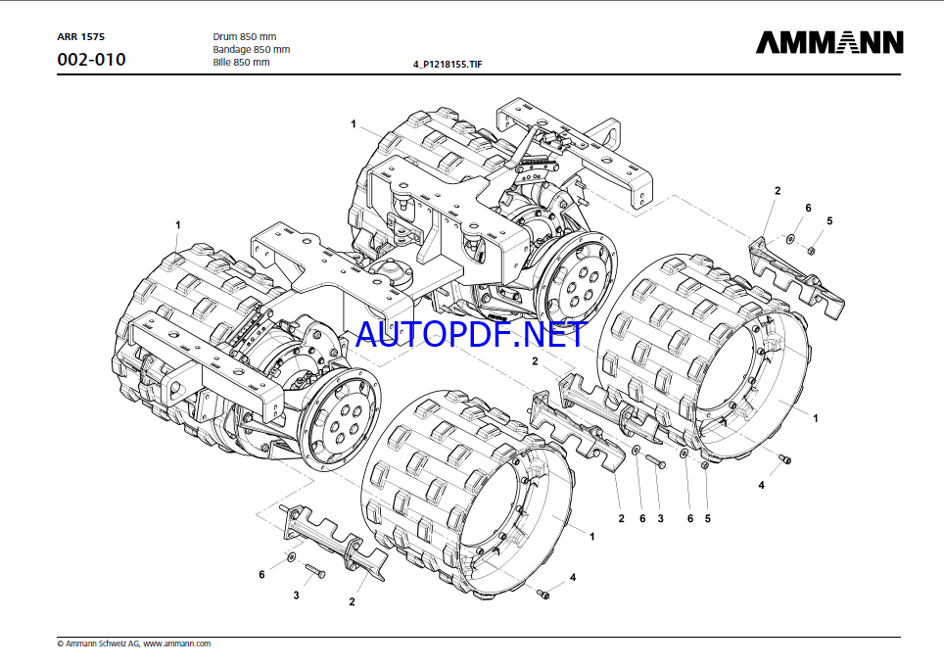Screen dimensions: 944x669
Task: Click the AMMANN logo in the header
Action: (x=829, y=42)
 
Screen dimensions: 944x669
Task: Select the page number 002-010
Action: (x=91, y=60)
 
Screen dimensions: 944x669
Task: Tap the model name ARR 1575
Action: (x=80, y=37)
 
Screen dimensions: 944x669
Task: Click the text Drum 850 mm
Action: (x=245, y=37)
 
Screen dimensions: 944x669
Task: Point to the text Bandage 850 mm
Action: (x=251, y=49)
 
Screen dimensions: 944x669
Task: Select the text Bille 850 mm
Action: (x=242, y=62)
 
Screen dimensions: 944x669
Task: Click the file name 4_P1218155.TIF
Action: (x=448, y=64)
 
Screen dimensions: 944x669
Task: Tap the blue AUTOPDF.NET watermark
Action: (x=471, y=335)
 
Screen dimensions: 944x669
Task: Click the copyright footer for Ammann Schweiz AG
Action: (x=133, y=644)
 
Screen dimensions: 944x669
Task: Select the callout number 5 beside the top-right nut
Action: (x=829, y=221)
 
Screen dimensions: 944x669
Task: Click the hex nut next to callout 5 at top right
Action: (x=811, y=250)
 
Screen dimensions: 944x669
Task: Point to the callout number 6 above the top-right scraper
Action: (x=808, y=208)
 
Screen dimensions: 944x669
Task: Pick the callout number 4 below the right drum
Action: (x=761, y=485)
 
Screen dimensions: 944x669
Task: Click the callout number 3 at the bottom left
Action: (x=296, y=595)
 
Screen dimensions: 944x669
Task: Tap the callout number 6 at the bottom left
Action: (x=261, y=574)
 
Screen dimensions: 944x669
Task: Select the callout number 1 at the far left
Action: (x=177, y=224)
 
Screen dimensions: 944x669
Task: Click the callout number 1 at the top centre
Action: (x=354, y=124)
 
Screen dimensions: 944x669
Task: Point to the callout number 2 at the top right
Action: (x=778, y=190)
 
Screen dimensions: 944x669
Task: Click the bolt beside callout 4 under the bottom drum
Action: (x=543, y=595)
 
